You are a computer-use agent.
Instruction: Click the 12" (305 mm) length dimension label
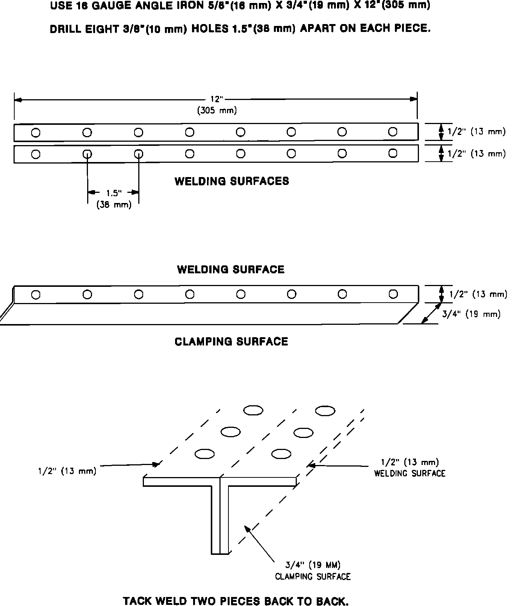pos(217,105)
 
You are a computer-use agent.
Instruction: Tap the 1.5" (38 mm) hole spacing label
pos(114,199)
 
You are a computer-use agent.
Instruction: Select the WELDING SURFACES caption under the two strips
pos(232,181)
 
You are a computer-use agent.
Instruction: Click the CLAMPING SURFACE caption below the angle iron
pos(231,341)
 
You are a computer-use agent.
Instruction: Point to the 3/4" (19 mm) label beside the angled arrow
pos(471,314)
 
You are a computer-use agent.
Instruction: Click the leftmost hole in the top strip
pos(36,133)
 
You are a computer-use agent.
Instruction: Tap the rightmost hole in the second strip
pos(393,153)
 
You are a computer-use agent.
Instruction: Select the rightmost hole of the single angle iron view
pos(393,294)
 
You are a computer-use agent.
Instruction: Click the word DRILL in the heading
pos(66,29)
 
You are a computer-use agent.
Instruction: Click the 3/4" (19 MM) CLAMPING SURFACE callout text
pos(313,571)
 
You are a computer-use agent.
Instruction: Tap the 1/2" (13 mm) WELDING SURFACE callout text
pos(410,468)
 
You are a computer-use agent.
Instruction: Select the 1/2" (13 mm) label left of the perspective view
pos(67,471)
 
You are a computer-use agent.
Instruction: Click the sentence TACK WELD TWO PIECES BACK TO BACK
pos(236,601)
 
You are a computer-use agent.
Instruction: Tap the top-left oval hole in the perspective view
pos(253,410)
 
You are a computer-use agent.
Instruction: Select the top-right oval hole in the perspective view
pos(325,411)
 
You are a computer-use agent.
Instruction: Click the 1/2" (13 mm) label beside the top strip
pos(476,132)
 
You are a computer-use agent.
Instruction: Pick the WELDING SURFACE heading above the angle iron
pos(231,269)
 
